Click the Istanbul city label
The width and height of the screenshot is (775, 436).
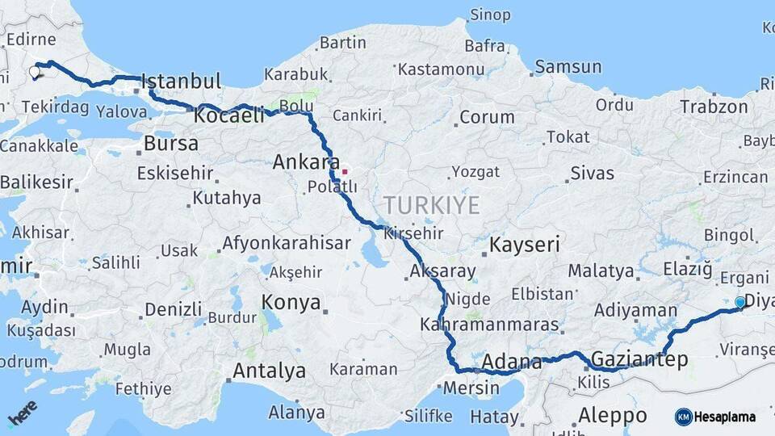[181, 82]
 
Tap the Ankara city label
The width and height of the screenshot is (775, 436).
[307, 161]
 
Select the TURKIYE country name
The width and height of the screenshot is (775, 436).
[431, 205]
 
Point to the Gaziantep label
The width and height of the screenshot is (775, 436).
[639, 359]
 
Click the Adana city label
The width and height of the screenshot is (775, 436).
[511, 362]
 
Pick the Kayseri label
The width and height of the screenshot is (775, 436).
[526, 245]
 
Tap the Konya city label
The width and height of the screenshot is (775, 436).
[291, 302]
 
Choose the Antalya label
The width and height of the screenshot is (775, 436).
[269, 371]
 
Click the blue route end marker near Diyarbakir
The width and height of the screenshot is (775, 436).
[739, 302]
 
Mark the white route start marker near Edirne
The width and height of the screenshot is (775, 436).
[35, 72]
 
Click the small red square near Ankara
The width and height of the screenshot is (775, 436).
[345, 171]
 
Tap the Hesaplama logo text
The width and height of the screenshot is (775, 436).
[724, 417]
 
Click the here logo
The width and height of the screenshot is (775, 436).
[23, 413]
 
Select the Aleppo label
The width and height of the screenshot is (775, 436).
[613, 416]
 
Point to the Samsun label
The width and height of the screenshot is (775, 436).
[568, 66]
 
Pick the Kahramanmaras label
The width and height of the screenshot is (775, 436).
[489, 325]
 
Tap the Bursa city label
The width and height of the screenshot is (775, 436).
[170, 144]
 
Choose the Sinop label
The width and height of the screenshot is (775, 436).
[490, 15]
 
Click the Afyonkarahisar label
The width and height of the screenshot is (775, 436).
[287, 243]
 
